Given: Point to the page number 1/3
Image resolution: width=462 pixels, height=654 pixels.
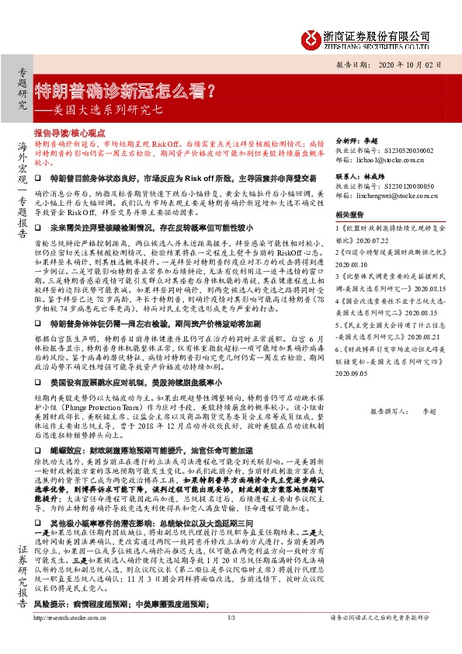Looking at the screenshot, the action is (x=231, y=640).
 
